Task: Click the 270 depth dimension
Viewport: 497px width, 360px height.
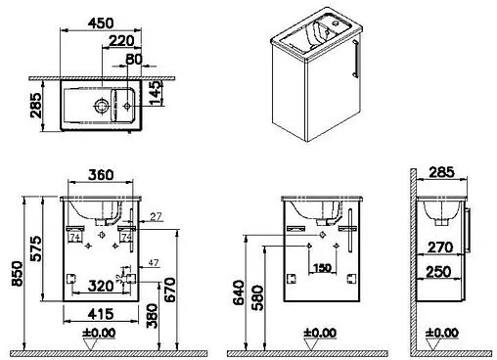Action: pos(438,248)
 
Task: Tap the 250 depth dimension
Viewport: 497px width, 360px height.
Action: pos(438,271)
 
